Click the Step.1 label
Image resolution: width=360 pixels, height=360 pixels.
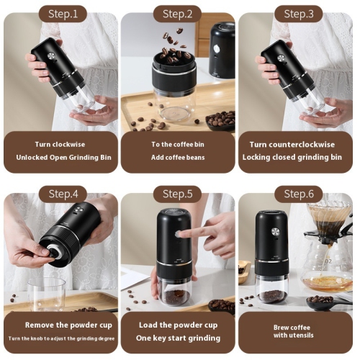click(x=63, y=14)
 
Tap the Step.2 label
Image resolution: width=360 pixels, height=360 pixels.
click(x=177, y=14)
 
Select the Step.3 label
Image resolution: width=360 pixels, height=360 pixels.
click(x=298, y=14)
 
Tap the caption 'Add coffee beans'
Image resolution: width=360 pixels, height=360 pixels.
click(x=177, y=157)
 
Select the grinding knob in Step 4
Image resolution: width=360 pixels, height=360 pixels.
click(x=51, y=253)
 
